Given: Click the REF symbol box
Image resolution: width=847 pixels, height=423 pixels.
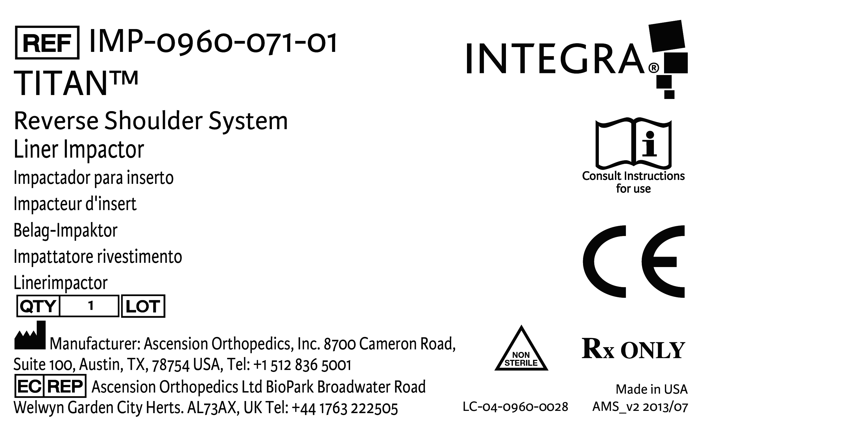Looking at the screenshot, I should [47, 43].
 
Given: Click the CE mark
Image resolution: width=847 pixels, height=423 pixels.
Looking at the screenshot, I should [633, 261].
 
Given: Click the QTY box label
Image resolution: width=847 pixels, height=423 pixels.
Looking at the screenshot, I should [38, 306].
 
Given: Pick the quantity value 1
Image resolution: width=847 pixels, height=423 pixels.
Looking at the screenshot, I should [91, 306].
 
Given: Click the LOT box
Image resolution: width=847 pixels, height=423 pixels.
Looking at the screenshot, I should [143, 306].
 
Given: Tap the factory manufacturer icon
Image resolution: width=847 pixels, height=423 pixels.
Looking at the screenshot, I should [30, 336].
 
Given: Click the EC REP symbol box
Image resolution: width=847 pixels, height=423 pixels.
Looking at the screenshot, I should [50, 386].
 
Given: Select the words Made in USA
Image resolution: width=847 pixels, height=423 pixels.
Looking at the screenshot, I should [651, 389].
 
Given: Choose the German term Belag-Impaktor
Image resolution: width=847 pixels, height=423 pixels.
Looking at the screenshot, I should [66, 231].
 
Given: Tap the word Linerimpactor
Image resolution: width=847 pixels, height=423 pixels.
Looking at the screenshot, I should [60, 283].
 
